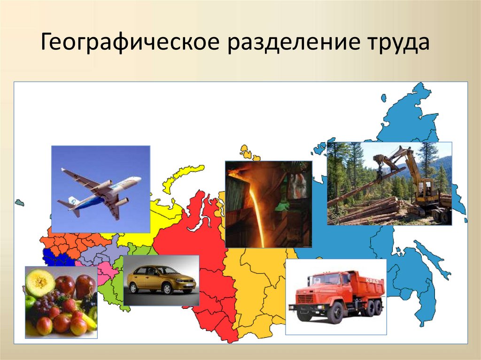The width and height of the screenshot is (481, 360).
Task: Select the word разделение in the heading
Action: point(293,44)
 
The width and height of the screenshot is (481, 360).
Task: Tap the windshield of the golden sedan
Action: point(164,271)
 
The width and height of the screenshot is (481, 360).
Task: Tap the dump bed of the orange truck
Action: point(366,286)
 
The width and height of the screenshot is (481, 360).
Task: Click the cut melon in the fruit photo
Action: point(39,282)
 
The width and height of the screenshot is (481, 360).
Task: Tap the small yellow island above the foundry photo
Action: point(245,153)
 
